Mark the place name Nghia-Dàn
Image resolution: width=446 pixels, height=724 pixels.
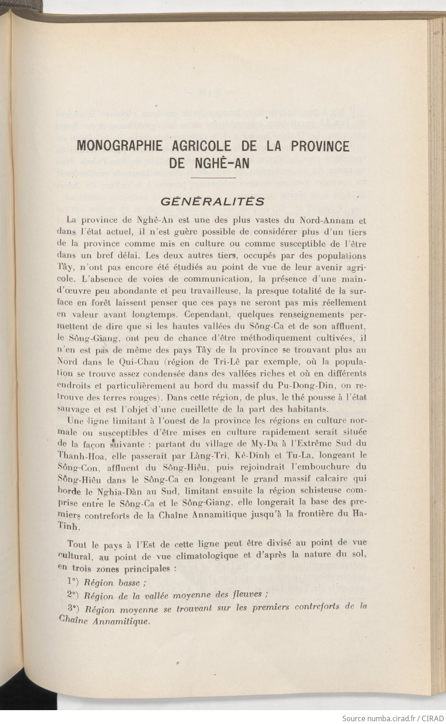[140, 491]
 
